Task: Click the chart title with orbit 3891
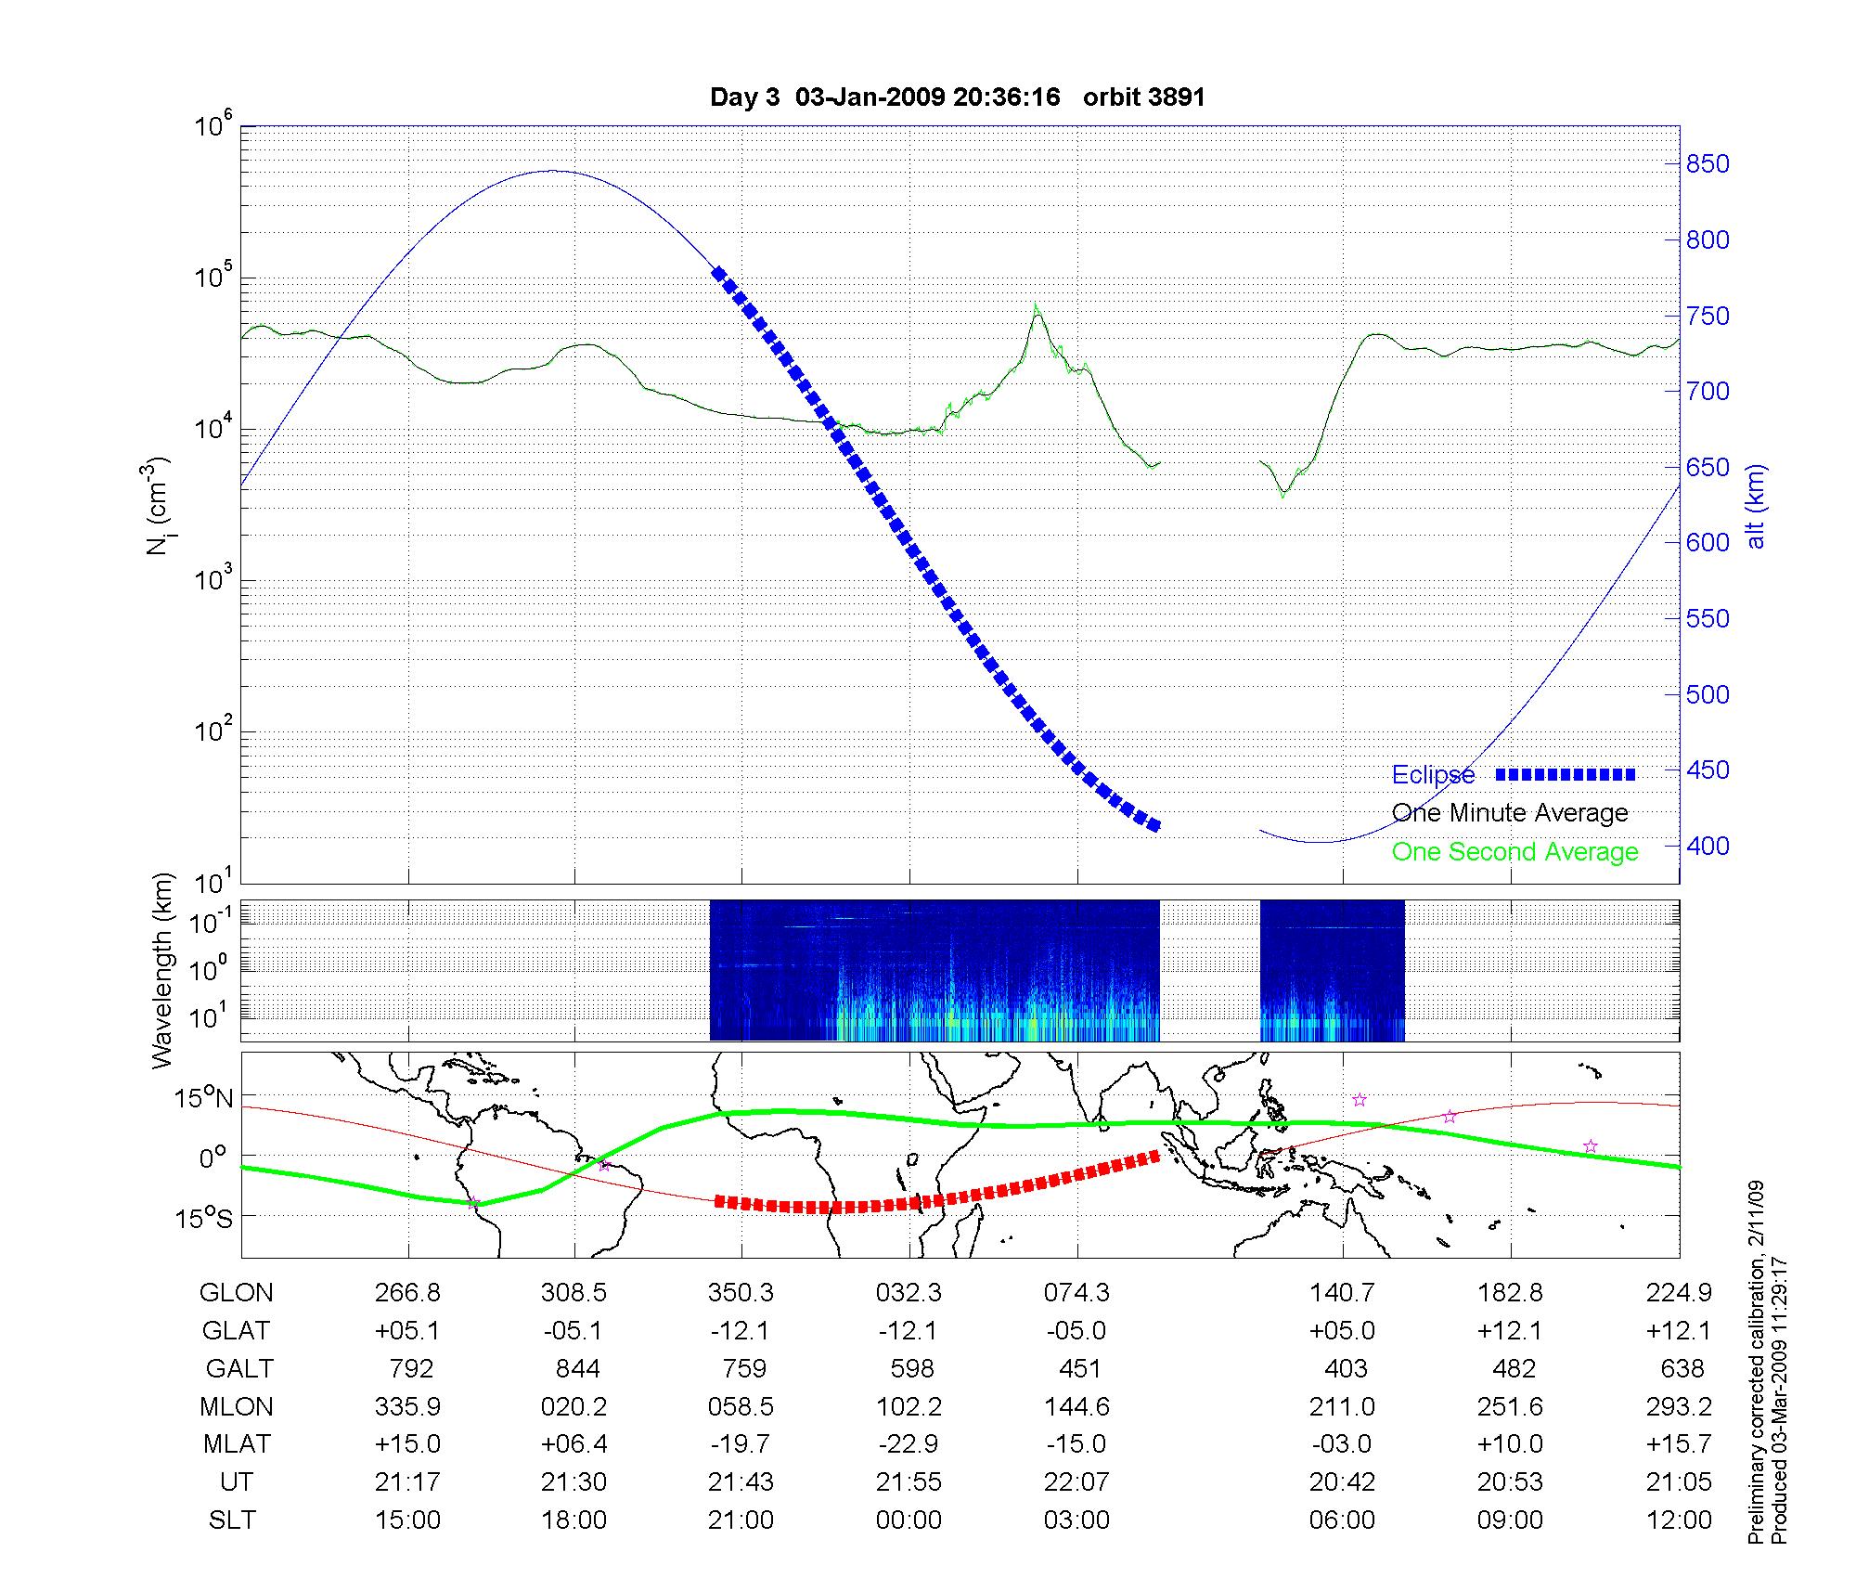(x=957, y=97)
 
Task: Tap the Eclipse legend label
(x=1433, y=775)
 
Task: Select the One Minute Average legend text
(x=1510, y=813)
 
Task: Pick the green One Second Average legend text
(x=1514, y=852)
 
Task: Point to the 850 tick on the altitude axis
(x=1708, y=164)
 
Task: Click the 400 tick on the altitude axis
(x=1708, y=846)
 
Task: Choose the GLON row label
(x=237, y=1293)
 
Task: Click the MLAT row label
(x=237, y=1444)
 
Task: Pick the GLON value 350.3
(x=741, y=1293)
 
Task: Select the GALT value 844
(x=576, y=1369)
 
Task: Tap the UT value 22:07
(x=1076, y=1482)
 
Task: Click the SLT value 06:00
(x=1342, y=1520)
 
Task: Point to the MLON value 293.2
(x=1679, y=1407)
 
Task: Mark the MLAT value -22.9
(x=909, y=1444)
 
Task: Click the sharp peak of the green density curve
(x=1037, y=306)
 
